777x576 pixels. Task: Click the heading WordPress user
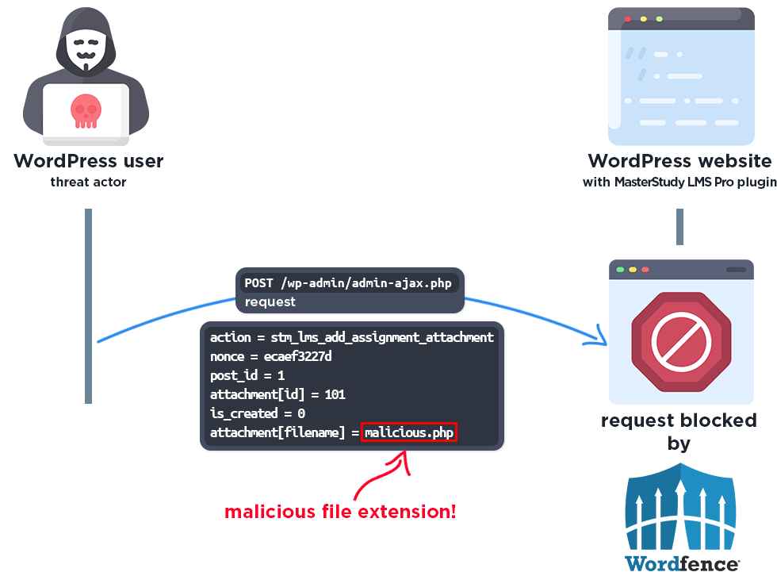[89, 161]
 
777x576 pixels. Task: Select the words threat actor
[89, 182]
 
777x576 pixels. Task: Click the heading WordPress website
[679, 161]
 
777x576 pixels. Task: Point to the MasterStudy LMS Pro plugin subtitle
[679, 182]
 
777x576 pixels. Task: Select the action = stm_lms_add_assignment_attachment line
[351, 337]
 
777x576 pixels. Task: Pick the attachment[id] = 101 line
[277, 394]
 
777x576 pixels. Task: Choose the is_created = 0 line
[257, 413]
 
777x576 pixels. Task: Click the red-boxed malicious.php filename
[409, 432]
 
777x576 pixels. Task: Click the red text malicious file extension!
[340, 511]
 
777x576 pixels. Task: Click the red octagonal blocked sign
[680, 340]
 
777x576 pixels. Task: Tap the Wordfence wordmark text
[682, 563]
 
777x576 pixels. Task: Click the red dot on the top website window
[627, 18]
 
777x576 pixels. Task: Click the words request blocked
[679, 420]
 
